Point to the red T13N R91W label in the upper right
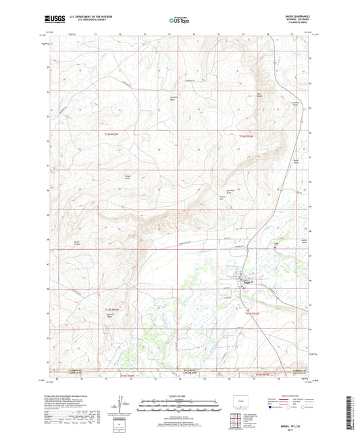247,136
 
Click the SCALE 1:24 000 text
179,396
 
